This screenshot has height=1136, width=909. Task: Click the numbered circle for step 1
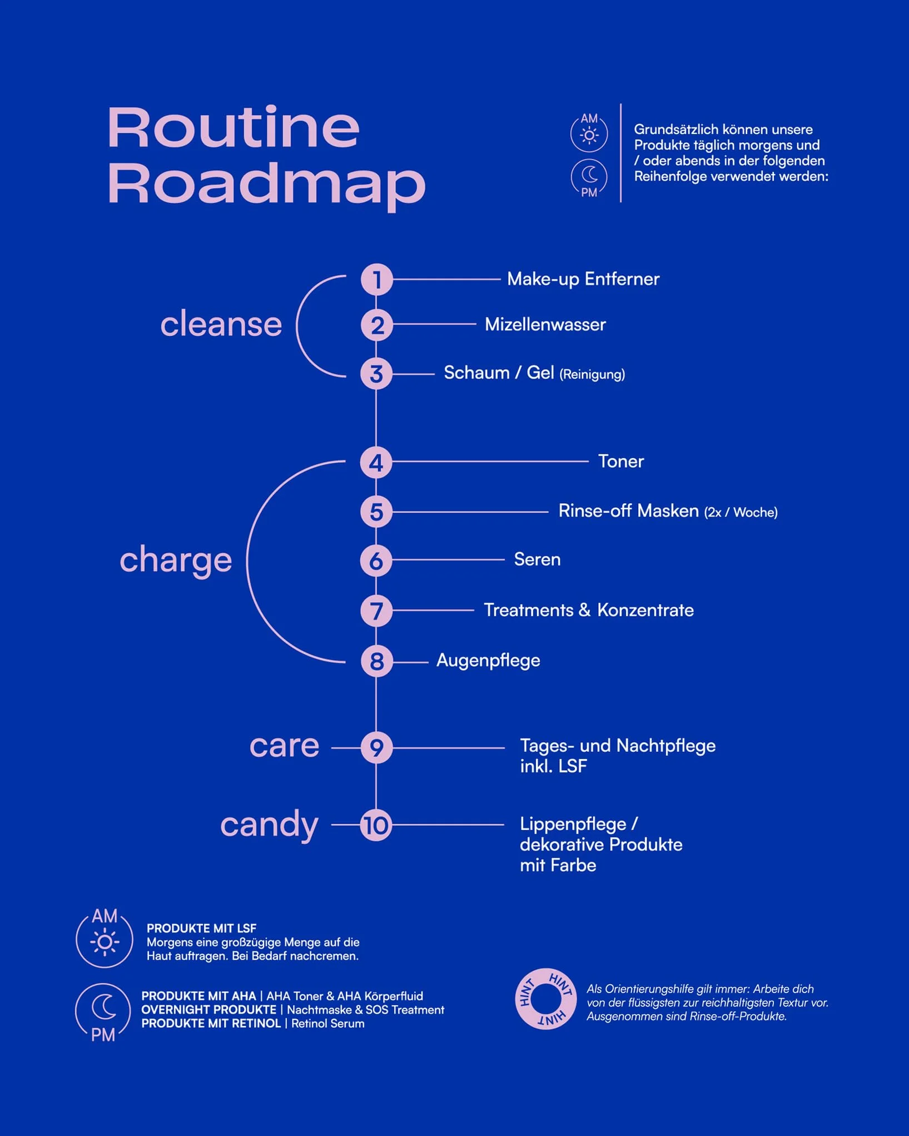pyautogui.click(x=376, y=279)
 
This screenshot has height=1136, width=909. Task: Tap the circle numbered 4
pyautogui.click(x=376, y=463)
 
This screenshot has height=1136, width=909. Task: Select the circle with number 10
pyautogui.click(x=376, y=825)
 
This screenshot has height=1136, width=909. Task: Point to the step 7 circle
pyautogui.click(x=376, y=611)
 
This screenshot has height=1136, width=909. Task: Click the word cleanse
pyautogui.click(x=221, y=324)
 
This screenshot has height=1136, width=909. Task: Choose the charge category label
pyautogui.click(x=176, y=560)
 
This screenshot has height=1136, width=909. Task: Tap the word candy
pyautogui.click(x=270, y=825)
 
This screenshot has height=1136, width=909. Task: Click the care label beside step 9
pyautogui.click(x=285, y=746)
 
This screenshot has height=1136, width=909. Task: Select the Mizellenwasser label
pyautogui.click(x=545, y=324)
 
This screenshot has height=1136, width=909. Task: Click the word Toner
pyautogui.click(x=621, y=461)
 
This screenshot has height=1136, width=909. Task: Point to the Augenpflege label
pyautogui.click(x=488, y=661)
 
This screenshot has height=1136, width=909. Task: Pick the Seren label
pyautogui.click(x=537, y=559)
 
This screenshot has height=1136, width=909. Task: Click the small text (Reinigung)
pyautogui.click(x=592, y=374)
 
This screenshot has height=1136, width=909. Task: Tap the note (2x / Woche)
pyautogui.click(x=741, y=512)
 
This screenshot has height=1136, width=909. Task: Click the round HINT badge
pyautogui.click(x=545, y=999)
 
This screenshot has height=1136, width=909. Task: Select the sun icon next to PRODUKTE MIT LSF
pyautogui.click(x=105, y=939)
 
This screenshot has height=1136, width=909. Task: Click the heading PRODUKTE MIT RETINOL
pyautogui.click(x=211, y=1024)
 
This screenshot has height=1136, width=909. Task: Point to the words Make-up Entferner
pyautogui.click(x=583, y=279)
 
